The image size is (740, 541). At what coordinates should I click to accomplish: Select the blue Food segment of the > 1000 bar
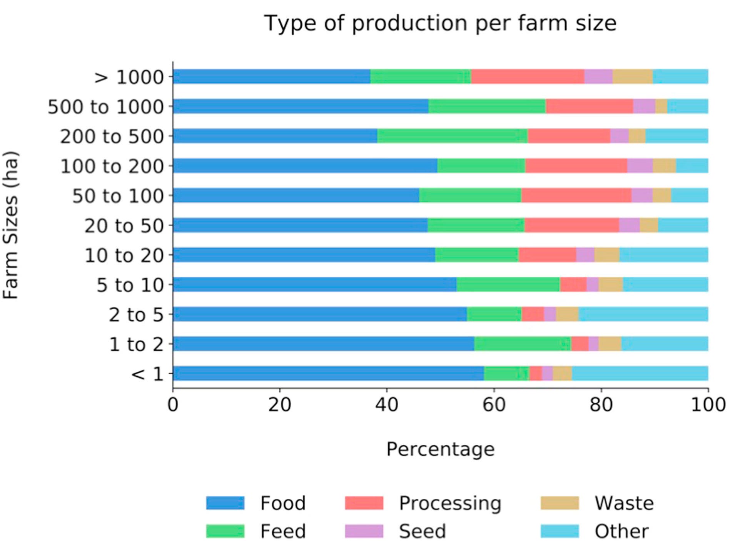(271, 77)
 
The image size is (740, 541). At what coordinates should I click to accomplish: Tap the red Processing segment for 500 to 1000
(589, 106)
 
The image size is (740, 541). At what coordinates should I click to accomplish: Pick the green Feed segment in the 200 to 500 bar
(452, 136)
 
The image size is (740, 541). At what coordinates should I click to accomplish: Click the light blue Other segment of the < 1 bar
(640, 373)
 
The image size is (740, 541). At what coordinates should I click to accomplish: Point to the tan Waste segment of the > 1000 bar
(632, 77)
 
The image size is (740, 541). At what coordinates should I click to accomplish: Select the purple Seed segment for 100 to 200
(640, 165)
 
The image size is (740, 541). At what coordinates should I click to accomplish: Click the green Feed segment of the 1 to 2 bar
(522, 344)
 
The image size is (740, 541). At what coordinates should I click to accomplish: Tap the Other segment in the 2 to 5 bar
(643, 314)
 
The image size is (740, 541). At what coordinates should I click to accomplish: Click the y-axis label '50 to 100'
(118, 196)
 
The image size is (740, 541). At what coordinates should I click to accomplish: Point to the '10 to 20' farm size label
(124, 255)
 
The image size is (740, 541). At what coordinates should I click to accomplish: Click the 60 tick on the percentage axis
(493, 405)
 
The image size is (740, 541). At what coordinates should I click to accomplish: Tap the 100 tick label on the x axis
(707, 405)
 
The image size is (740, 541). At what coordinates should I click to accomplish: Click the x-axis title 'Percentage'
(440, 449)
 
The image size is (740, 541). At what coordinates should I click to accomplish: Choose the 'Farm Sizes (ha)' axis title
(11, 225)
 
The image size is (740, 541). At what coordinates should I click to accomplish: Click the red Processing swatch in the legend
(364, 503)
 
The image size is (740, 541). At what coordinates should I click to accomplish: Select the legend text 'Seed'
(422, 531)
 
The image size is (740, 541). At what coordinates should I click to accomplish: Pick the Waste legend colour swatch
(559, 503)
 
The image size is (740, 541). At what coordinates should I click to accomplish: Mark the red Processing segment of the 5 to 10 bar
(573, 284)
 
